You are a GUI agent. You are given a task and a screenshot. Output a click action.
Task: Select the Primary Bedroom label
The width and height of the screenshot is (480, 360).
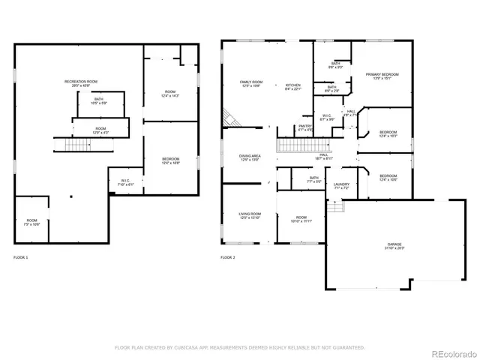(x=382, y=76)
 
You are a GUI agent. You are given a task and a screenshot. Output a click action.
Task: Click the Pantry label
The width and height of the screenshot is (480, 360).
(x=305, y=127)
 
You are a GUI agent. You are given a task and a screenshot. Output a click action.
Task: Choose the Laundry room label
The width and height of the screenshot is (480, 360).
(x=340, y=185)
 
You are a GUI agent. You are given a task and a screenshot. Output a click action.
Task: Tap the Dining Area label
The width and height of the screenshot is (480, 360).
(x=250, y=157)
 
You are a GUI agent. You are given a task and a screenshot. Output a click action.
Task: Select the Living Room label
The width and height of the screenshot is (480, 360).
(x=250, y=215)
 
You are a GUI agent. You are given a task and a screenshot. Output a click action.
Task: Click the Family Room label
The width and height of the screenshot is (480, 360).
(x=250, y=84)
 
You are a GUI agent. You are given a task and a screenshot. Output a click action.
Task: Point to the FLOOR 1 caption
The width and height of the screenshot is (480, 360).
(x=21, y=257)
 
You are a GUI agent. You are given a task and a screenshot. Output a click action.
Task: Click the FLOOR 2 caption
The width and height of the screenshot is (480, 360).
(x=227, y=257)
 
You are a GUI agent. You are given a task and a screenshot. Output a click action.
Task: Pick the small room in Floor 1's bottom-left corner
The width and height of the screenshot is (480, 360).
(x=31, y=222)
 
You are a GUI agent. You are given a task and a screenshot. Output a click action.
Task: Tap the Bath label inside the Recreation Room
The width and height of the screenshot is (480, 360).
(x=99, y=101)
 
